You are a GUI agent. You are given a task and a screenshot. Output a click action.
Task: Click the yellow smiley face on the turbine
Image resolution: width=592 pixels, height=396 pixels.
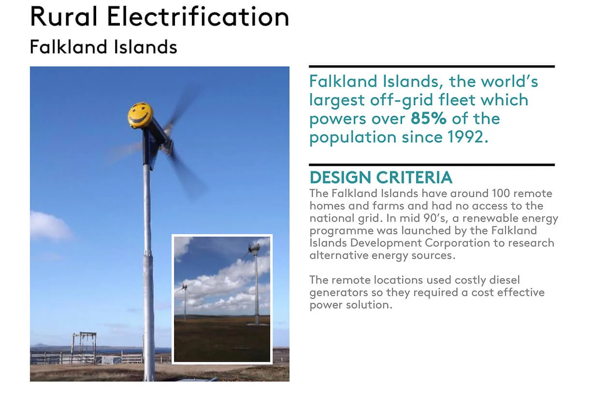coord(140,115)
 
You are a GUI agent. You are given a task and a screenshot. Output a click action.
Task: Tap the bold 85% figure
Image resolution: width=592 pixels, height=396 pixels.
coord(428,118)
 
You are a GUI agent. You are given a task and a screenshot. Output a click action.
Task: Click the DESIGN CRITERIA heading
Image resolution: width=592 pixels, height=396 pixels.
coord(381,177)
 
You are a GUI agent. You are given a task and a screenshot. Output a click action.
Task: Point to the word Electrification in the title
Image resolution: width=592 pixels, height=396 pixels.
coord(198,16)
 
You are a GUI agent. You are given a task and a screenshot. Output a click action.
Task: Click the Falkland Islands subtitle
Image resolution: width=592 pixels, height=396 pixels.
coord(103,47)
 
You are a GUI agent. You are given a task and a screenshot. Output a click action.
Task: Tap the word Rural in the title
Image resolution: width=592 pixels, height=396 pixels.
coord(64,16)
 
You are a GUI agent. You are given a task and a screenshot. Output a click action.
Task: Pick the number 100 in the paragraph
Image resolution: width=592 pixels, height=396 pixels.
coord(501,193)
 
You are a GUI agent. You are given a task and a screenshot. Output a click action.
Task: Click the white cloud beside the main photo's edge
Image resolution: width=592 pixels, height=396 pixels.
coord(50,226)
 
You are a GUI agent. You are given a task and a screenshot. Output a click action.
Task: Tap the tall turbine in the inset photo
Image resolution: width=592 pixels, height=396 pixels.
coord(255,284)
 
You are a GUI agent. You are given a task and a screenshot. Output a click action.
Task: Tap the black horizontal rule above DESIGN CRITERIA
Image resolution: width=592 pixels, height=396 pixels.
coord(432,165)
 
